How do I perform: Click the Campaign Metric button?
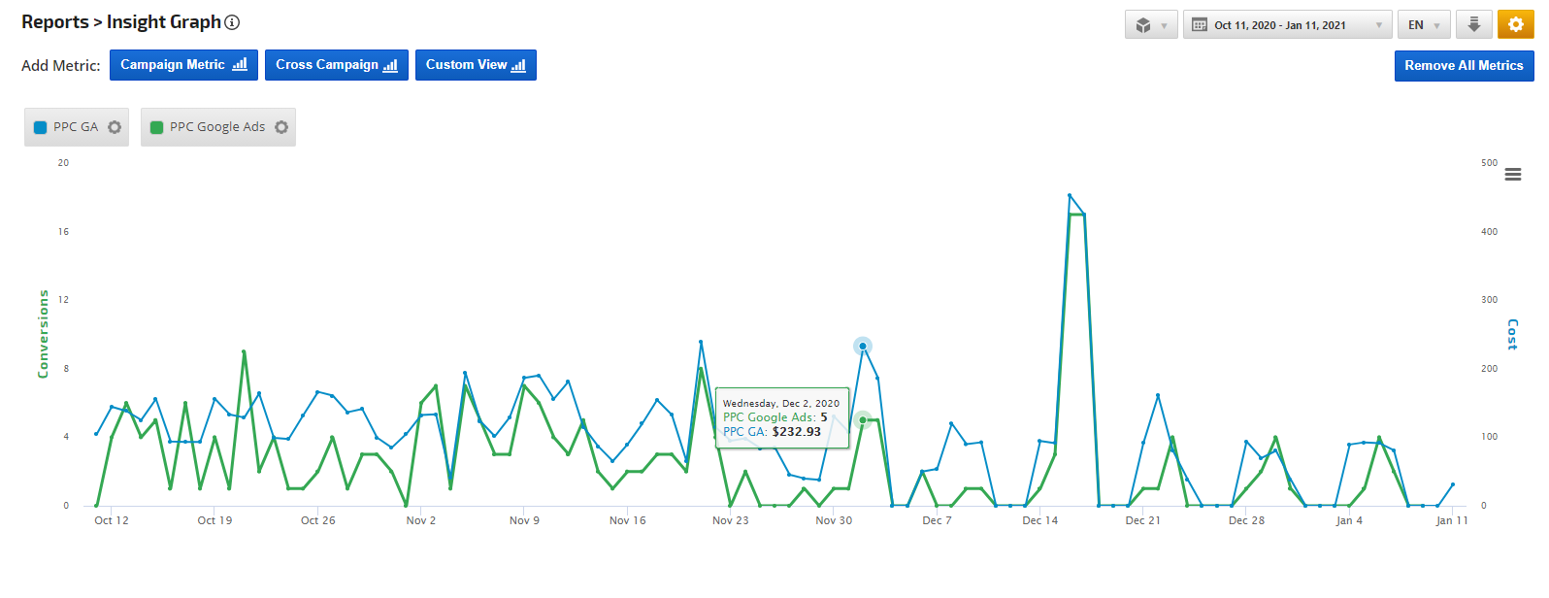click(x=183, y=65)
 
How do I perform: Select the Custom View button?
click(x=476, y=65)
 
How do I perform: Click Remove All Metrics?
click(x=1464, y=65)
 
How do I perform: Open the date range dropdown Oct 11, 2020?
click(x=1287, y=25)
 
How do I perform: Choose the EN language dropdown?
click(x=1424, y=25)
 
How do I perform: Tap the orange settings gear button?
click(x=1515, y=24)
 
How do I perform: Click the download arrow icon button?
click(x=1473, y=24)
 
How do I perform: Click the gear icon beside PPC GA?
click(x=115, y=127)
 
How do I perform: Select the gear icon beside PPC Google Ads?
click(x=281, y=127)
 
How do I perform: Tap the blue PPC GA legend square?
click(x=41, y=127)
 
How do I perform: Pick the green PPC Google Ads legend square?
click(x=157, y=127)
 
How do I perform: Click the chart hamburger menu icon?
click(x=1512, y=175)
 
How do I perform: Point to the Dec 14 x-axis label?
click(x=1039, y=520)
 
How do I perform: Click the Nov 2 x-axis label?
click(x=420, y=520)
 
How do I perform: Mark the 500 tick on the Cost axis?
click(x=1489, y=163)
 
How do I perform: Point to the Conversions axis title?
click(x=43, y=334)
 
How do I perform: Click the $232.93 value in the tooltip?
click(x=796, y=432)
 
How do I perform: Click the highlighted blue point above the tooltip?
click(x=862, y=347)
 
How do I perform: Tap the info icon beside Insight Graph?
click(x=232, y=22)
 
